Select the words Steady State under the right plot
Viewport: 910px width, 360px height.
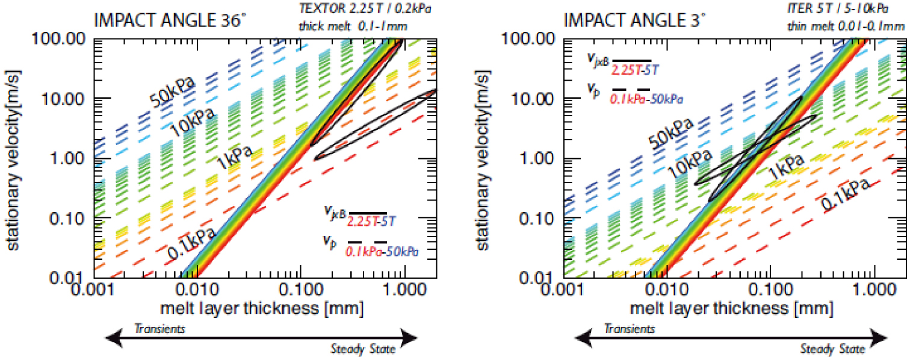coord(832,349)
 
